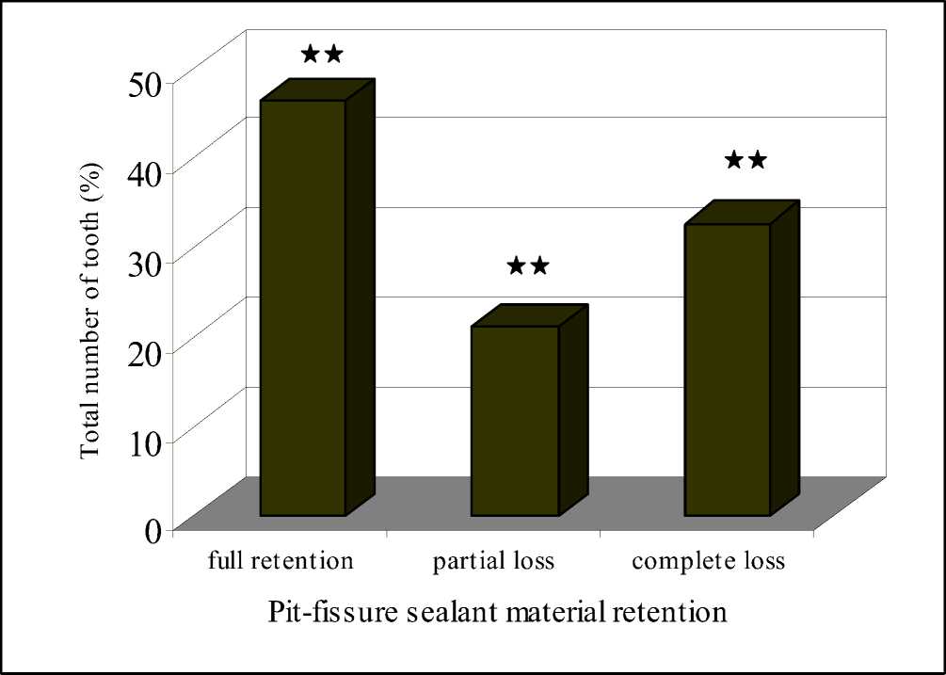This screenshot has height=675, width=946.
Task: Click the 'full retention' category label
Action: (280, 562)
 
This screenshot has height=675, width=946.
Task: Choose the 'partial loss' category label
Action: (493, 563)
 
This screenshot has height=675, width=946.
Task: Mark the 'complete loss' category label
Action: (708, 563)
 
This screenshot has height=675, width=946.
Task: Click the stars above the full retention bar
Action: (322, 54)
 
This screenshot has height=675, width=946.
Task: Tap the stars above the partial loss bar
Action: (527, 265)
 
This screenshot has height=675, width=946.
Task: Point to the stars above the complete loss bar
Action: (746, 160)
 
